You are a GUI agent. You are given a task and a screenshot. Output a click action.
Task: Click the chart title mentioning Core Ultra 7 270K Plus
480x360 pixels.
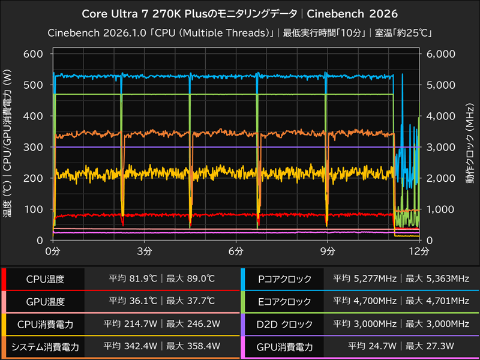pos(239,13)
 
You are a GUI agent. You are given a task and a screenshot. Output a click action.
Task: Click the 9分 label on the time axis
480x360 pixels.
pos(328,249)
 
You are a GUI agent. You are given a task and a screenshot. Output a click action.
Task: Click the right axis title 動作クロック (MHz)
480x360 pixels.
pos(470,147)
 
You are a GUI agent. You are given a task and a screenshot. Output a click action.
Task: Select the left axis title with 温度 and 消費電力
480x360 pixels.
pos(8,147)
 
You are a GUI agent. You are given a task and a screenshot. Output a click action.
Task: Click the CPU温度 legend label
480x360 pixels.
pos(45,279)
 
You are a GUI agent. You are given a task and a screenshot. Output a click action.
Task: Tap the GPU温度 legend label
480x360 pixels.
pos(45,301)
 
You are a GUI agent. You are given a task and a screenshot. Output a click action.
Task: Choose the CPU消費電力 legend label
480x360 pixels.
pos(45,324)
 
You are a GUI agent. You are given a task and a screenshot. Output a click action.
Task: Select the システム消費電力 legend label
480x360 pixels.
pos(45,346)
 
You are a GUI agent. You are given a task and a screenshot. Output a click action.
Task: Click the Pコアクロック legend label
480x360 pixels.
pos(284,279)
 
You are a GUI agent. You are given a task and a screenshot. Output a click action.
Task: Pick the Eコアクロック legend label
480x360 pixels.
pos(284,301)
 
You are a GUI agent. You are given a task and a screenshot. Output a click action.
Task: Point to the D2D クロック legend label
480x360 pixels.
pos(284,324)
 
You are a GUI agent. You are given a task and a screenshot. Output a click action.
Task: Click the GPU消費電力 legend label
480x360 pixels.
pos(284,346)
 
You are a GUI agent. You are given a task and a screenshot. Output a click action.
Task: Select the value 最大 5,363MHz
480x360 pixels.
pos(437,279)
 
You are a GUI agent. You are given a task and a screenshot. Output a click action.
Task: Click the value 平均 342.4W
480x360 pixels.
pos(130,346)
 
